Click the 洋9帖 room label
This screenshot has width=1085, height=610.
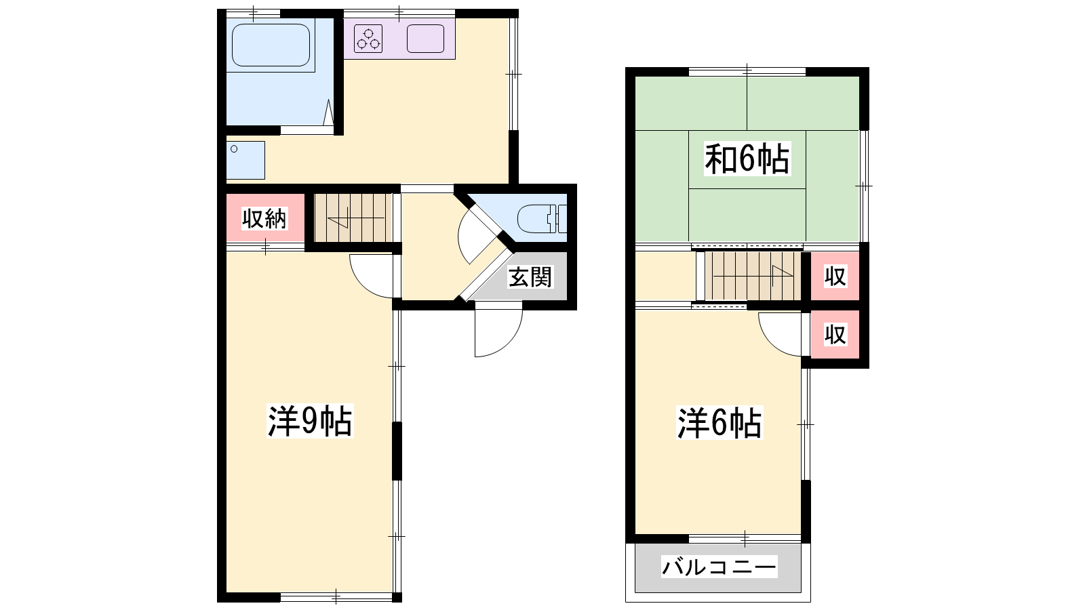coord(310,421)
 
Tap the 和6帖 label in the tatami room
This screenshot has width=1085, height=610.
coord(747,159)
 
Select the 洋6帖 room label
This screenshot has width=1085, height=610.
coord(719,423)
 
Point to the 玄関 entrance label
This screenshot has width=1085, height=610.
coord(530,277)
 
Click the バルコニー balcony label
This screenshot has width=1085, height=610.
coord(719,567)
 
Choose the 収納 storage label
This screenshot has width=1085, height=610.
coord(264,219)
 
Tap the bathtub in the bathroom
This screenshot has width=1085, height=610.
coord(271,45)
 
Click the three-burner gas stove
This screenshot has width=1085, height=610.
coord(368,39)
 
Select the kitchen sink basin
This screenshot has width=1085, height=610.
coord(425,39)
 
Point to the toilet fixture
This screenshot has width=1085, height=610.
coord(542,219)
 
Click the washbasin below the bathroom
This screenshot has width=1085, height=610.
coord(245,160)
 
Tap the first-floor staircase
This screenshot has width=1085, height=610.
coord(353,218)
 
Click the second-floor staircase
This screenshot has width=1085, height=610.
coord(753,276)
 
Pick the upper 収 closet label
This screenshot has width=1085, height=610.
coord(835,277)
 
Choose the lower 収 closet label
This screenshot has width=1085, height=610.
coord(835,335)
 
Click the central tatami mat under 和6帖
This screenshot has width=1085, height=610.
coord(747,160)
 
